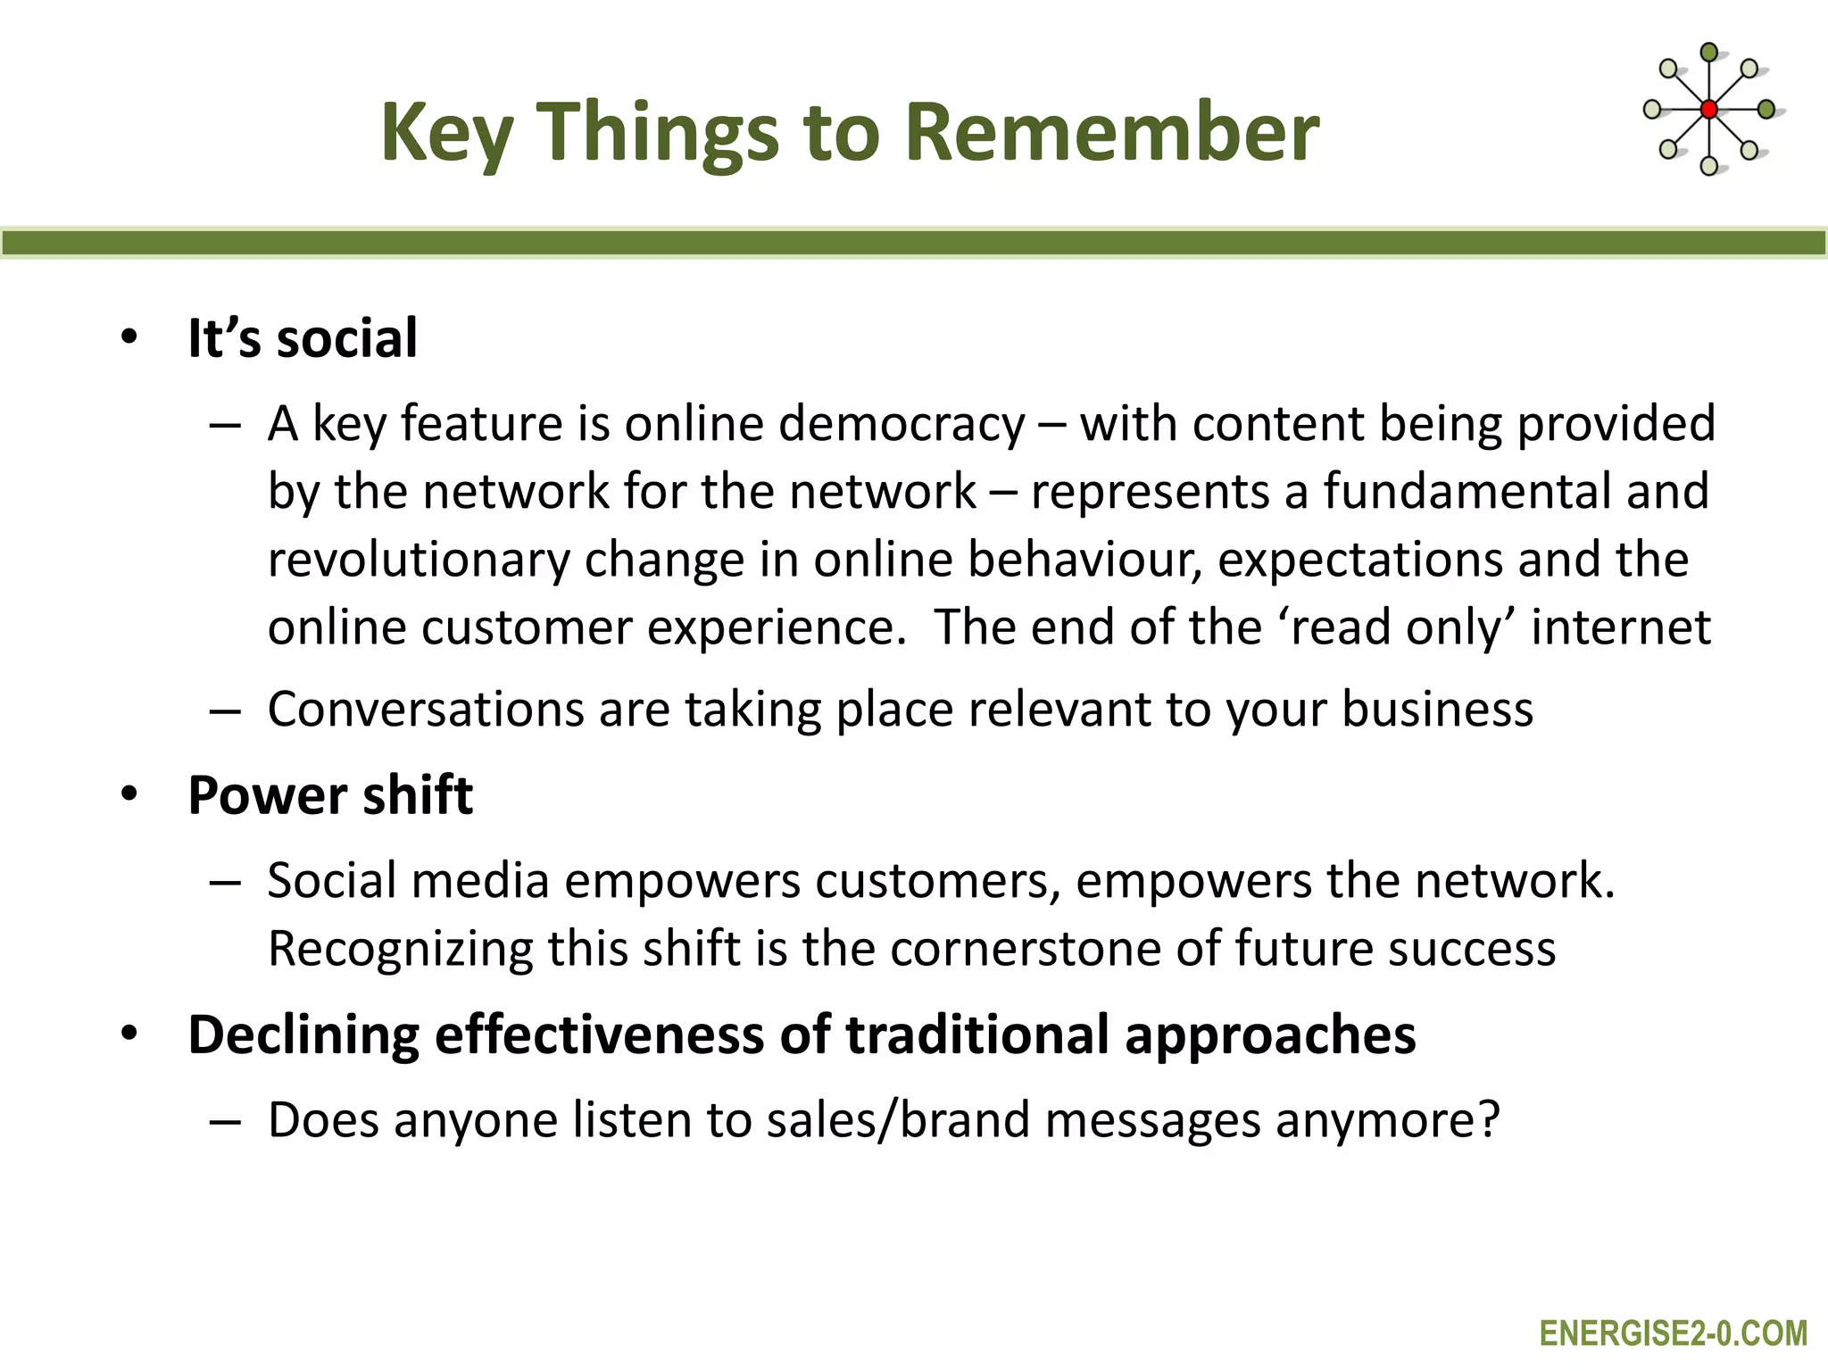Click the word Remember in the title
(1111, 132)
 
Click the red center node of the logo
(1708, 110)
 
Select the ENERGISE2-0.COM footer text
(1673, 1334)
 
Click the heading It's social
(302, 338)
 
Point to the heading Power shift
(330, 795)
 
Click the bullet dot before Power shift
(130, 794)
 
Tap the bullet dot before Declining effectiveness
(130, 1034)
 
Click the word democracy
(902, 424)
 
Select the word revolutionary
(418, 561)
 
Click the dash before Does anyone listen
(225, 1122)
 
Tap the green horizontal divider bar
(914, 243)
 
